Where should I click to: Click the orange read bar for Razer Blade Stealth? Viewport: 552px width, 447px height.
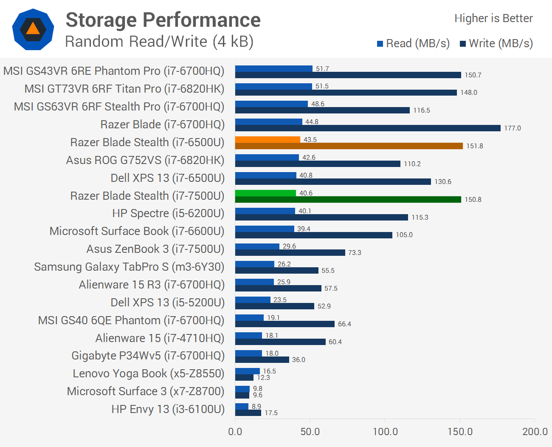tap(268, 139)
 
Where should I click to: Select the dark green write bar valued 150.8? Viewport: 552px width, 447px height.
tap(348, 199)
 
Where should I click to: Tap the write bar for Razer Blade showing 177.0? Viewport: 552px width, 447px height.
tap(368, 128)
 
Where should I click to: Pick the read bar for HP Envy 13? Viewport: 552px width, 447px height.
tap(242, 406)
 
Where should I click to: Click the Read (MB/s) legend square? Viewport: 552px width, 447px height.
tap(380, 44)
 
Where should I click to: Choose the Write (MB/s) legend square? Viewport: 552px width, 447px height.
tap(463, 44)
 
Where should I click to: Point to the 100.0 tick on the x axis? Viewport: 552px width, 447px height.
tap(385, 432)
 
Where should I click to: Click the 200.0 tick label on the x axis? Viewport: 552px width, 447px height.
tap(535, 432)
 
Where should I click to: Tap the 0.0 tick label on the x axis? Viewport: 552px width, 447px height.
tap(235, 432)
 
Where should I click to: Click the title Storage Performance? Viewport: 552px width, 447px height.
tap(163, 20)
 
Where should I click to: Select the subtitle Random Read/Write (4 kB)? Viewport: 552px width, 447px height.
tap(159, 42)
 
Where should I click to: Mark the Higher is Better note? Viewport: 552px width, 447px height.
tap(493, 18)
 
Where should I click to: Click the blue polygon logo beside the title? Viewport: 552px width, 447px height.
tap(33, 29)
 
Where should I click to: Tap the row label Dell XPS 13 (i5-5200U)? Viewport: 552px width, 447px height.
tap(167, 303)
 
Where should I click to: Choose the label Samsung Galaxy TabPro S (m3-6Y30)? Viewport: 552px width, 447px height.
tap(129, 267)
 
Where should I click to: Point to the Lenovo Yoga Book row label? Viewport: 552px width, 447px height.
tap(148, 373)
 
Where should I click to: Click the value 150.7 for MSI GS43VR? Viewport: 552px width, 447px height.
tap(473, 75)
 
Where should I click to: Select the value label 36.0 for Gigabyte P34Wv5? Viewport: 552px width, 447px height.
tap(299, 360)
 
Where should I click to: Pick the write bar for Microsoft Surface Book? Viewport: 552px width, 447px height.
tap(313, 235)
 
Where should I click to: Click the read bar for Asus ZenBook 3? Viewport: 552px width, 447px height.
tap(257, 246)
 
